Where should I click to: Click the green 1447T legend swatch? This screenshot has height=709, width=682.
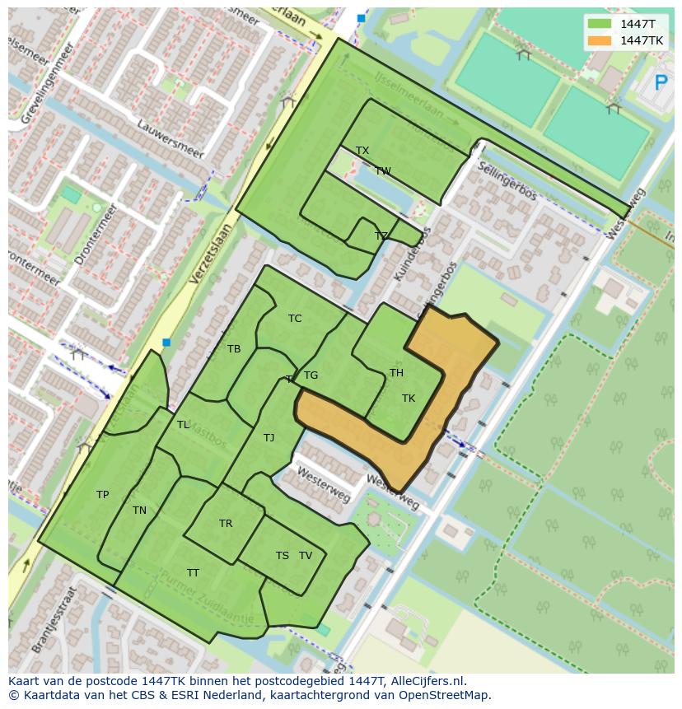[x=600, y=24]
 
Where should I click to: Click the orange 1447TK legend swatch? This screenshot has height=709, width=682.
[x=600, y=40]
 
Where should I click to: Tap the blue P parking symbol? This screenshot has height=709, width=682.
[x=660, y=83]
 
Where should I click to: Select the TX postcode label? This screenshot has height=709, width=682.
[x=362, y=151]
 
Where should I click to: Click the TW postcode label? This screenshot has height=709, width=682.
[x=383, y=171]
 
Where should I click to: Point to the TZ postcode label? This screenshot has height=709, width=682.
[x=381, y=236]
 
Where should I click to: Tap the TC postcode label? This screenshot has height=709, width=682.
[x=295, y=319]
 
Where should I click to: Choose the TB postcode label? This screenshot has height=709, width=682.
[x=234, y=349]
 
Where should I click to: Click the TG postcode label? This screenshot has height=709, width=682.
[x=311, y=375]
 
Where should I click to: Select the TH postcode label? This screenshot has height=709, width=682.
[x=396, y=373]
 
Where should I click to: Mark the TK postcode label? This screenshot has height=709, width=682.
[x=409, y=399]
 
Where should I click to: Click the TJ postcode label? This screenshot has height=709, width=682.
[x=269, y=438]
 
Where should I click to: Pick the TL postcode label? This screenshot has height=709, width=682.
[x=183, y=425]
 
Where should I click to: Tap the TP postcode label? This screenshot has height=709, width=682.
[x=102, y=495]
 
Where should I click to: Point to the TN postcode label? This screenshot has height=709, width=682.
[x=139, y=511]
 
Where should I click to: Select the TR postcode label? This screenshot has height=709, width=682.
[x=226, y=524]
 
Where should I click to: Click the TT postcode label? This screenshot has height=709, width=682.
[x=193, y=573]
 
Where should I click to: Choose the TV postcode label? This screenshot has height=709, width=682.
[x=306, y=556]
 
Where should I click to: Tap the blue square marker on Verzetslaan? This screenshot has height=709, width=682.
[x=166, y=343]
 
